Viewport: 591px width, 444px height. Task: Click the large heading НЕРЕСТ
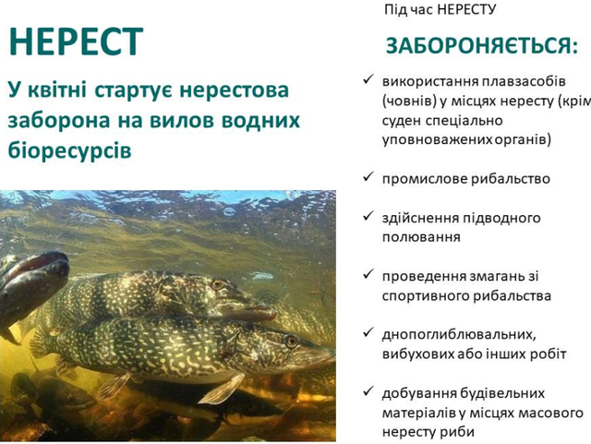76,42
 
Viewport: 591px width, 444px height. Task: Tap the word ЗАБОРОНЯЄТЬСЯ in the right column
478,45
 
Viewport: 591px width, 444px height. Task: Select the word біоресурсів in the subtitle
69,150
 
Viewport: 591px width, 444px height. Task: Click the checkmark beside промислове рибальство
368,176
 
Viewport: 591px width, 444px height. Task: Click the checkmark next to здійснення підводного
368,216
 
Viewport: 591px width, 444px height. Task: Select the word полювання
421,237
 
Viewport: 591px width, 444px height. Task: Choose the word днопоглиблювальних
458,335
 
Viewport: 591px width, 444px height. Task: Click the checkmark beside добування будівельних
368,391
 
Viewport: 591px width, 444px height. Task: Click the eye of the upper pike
218,284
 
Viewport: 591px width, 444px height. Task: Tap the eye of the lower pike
291,342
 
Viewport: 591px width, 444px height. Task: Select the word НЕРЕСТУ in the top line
466,9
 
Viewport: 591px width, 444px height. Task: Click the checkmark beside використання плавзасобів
368,79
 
